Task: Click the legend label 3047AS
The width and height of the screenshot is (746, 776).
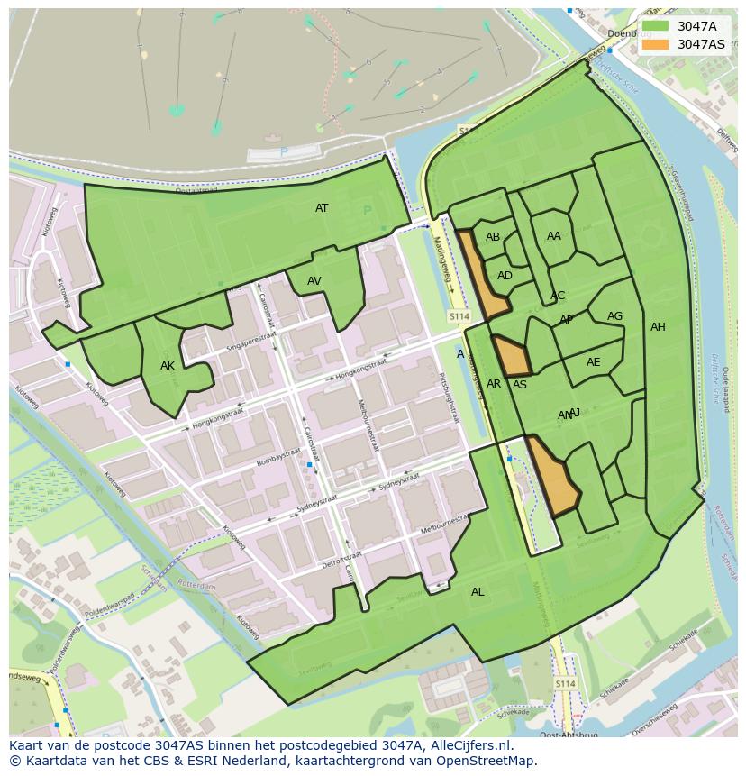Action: point(701,44)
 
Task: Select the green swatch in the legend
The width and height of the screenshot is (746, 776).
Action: point(656,26)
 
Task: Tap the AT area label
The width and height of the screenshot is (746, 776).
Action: point(322,208)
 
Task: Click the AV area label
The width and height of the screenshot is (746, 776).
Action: point(314,281)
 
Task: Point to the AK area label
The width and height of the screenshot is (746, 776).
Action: point(167,366)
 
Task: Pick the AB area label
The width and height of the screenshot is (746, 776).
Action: point(493,237)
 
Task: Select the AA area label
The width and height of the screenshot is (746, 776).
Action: point(554,236)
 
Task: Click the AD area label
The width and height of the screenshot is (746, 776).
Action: point(505,276)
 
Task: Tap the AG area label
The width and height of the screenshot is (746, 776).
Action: point(614,316)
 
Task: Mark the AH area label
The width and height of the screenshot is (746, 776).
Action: point(658,327)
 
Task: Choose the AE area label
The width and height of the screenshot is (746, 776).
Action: point(593,362)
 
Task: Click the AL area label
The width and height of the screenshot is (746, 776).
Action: point(478,592)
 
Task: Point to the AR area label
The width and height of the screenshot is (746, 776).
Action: point(494,384)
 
